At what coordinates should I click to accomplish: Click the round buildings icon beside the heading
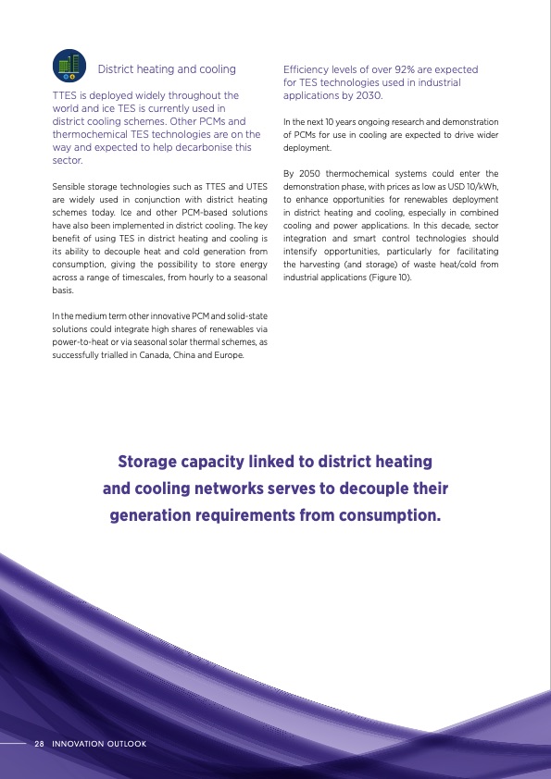click(69, 66)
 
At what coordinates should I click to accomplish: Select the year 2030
click(364, 95)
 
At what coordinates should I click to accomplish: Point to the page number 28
click(39, 743)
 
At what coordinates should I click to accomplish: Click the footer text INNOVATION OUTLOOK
click(99, 743)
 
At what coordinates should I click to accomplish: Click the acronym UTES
click(257, 186)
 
